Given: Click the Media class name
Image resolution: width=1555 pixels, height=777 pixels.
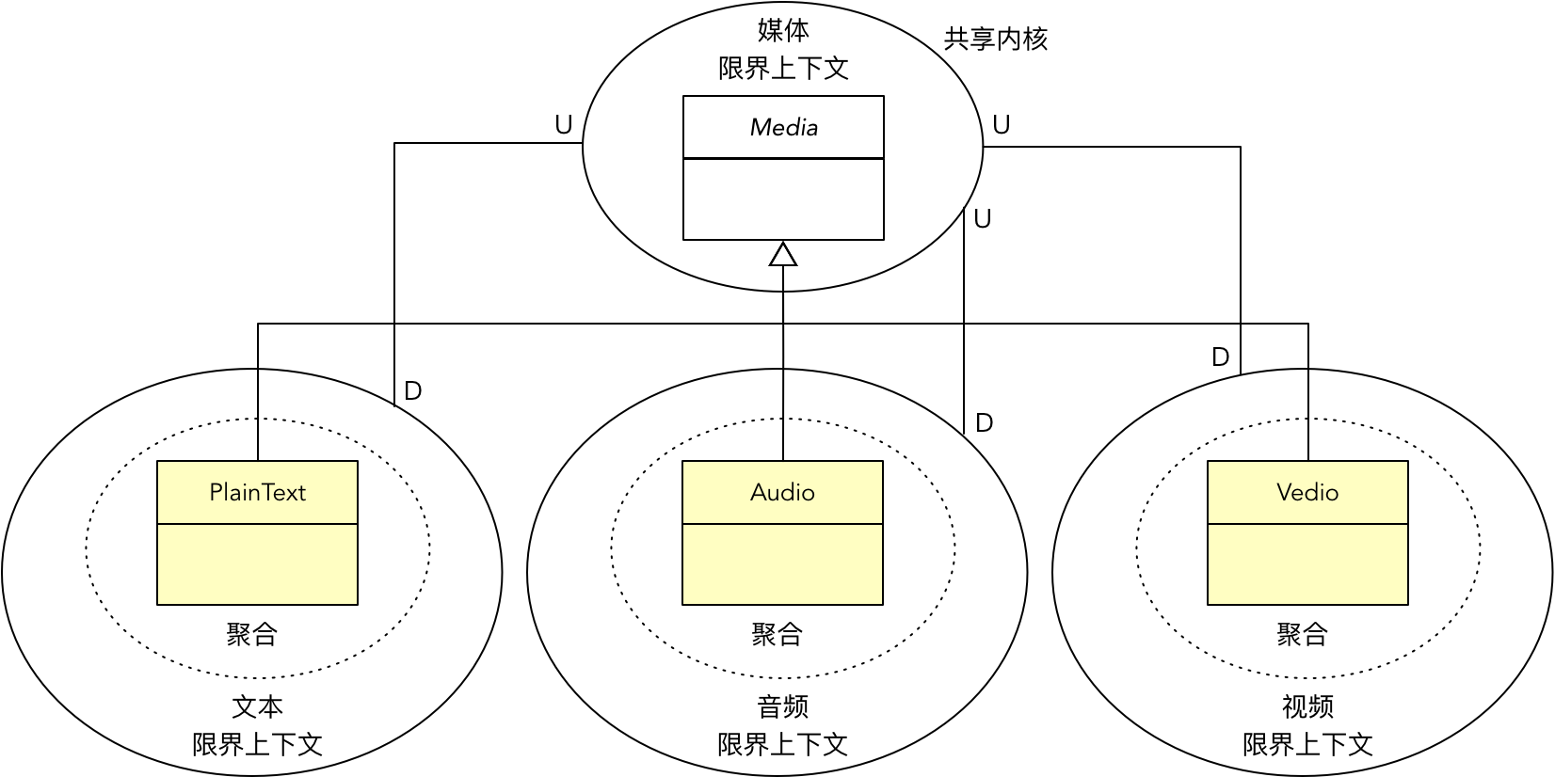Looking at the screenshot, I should [783, 127].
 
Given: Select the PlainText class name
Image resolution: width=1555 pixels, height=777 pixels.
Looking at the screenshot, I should [257, 492].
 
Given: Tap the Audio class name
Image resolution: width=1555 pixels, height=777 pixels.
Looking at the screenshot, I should [782, 492].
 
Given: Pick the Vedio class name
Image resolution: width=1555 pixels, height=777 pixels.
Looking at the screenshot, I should [1307, 492].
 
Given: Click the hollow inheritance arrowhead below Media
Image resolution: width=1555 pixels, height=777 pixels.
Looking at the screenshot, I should [783, 254].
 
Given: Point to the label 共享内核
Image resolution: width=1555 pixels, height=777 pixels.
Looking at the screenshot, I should [995, 39].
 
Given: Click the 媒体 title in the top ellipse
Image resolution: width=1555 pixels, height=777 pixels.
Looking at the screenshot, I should [783, 30].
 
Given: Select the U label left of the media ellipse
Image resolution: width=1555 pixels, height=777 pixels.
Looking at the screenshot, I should [563, 125].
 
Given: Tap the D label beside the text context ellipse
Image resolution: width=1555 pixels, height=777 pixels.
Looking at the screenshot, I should [412, 391].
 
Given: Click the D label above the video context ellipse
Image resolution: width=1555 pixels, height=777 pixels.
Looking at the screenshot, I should [1220, 357].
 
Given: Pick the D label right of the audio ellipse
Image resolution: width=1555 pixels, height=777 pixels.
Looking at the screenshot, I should [984, 423].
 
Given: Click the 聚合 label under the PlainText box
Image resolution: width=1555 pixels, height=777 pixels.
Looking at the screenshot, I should [251, 634].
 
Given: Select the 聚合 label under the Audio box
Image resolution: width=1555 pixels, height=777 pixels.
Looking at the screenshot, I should [777, 634].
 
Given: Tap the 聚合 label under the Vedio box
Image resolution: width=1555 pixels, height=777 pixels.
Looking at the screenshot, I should [1302, 634].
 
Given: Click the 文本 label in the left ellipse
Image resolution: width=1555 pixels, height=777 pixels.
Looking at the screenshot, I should [257, 706].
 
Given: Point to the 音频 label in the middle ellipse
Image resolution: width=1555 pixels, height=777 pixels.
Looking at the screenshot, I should [782, 706].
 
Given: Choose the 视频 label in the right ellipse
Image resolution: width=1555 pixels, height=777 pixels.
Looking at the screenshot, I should [1307, 706].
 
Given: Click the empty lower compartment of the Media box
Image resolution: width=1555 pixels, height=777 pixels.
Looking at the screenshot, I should [783, 199].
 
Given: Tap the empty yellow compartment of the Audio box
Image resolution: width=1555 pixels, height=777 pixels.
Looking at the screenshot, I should [782, 564].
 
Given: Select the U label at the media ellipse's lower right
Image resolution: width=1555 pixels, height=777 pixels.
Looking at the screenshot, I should [982, 219].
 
